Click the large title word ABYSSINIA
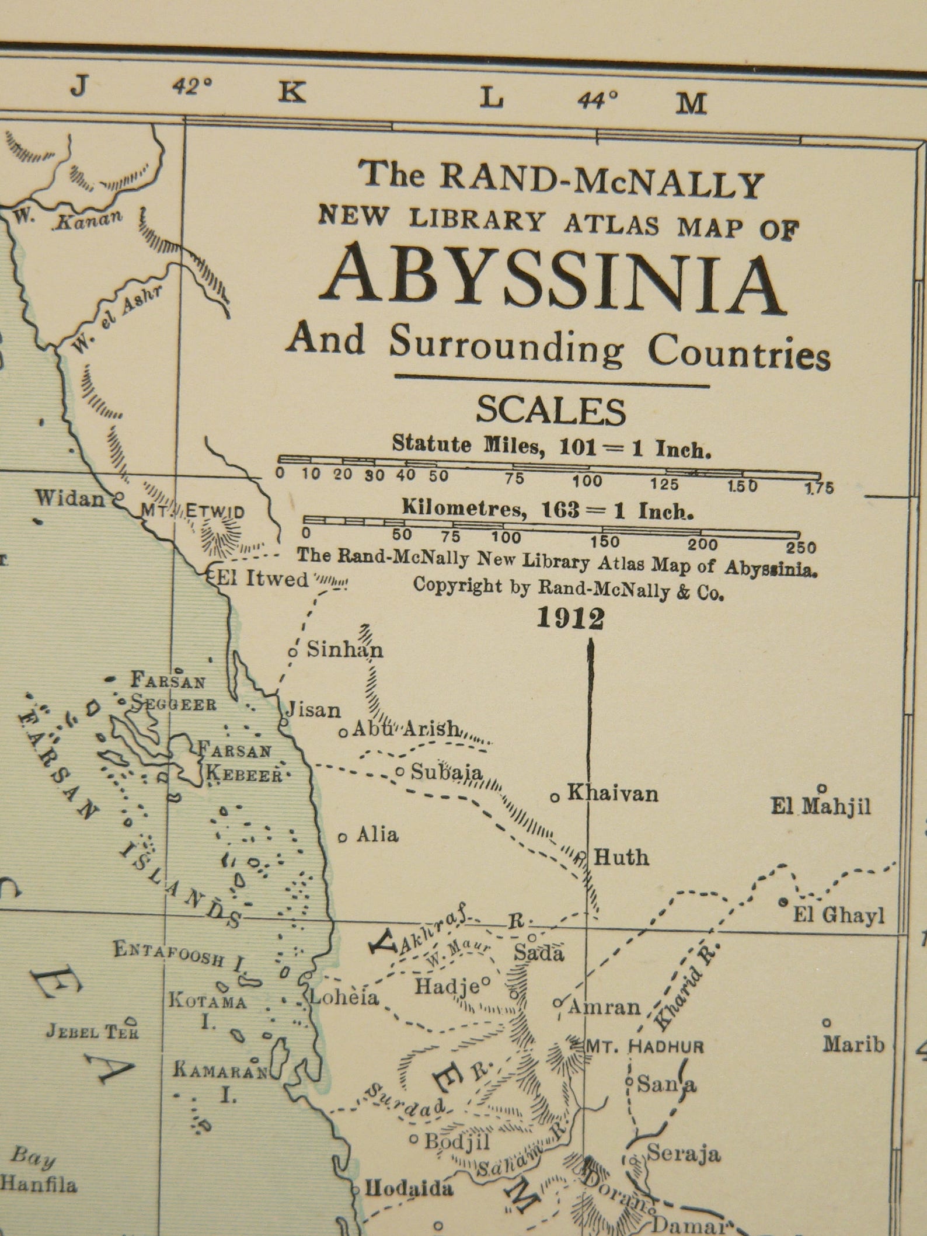(554, 284)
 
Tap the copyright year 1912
(570, 619)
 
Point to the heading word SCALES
(550, 411)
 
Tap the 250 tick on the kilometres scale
(800, 548)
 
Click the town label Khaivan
(612, 793)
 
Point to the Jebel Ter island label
(92, 1032)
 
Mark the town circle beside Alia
(343, 837)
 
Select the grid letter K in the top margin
(291, 92)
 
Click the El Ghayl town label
(838, 915)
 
